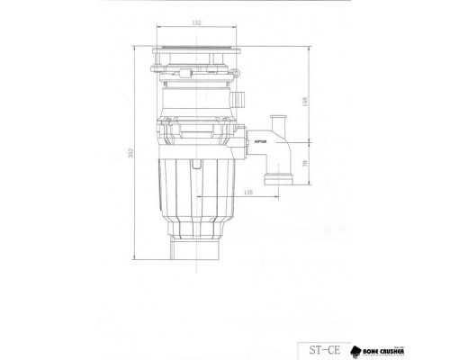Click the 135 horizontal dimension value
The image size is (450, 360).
tap(247, 192)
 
